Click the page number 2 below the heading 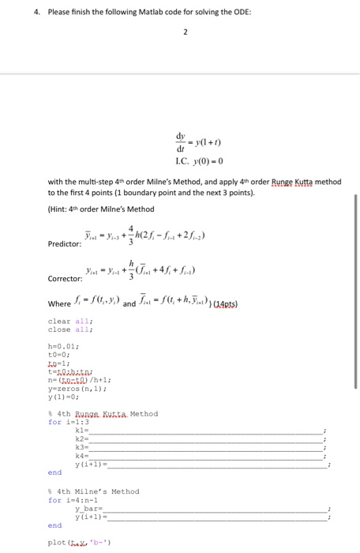coord(184,35)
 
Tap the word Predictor coord(65,244)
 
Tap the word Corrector coord(65,279)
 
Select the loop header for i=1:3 coord(66,422)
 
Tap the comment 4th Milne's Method coord(95,491)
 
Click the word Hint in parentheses coord(62,208)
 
